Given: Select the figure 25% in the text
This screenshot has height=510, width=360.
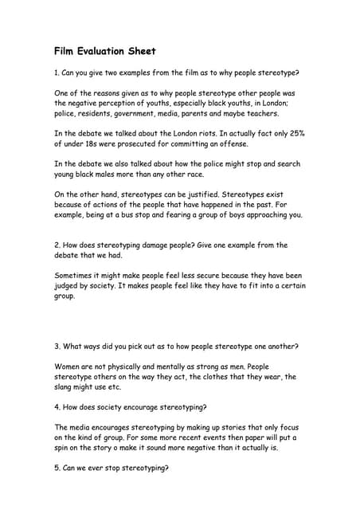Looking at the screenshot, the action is pyautogui.click(x=294, y=133).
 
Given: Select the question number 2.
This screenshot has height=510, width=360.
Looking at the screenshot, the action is pyautogui.click(x=57, y=245).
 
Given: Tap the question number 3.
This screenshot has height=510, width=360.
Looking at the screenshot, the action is pyautogui.click(x=57, y=347).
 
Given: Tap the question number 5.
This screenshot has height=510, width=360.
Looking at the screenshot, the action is pyautogui.click(x=57, y=469).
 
